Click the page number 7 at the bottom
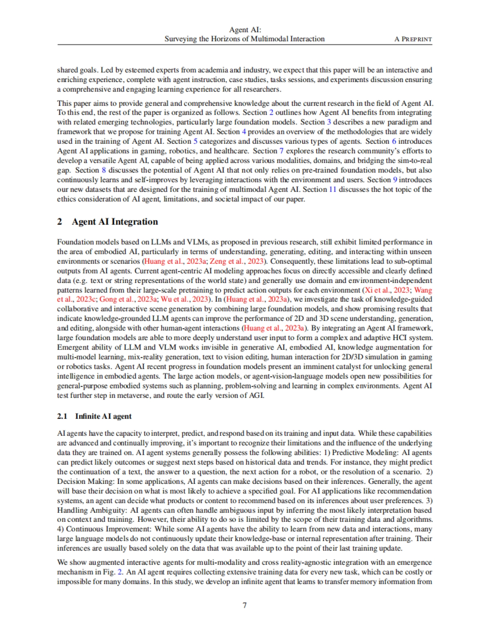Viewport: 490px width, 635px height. pos(245,605)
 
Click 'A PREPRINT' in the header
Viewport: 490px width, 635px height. pos(413,39)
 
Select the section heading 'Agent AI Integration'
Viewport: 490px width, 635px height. pos(115,222)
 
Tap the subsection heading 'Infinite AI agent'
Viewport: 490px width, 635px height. pos(103,416)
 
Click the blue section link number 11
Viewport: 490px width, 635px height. pos(332,189)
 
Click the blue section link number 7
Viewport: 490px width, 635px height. pos(281,151)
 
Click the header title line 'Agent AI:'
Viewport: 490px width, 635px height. pos(245,29)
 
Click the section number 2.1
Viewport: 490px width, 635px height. pos(62,416)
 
